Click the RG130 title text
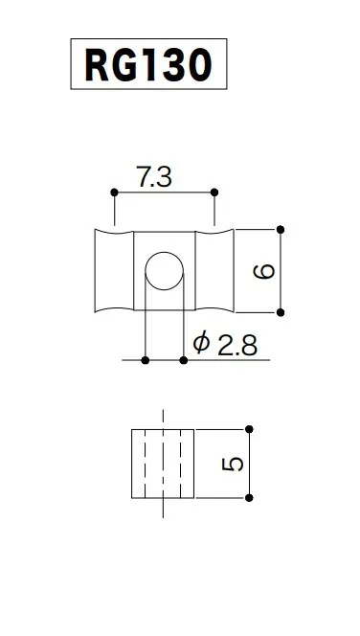coord(147,66)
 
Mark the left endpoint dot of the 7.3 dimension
coord(114,192)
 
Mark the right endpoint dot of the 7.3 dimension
coord(214,192)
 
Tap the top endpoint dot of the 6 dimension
coord(281,230)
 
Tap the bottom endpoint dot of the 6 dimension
coord(281,312)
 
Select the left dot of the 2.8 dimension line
coord(145,360)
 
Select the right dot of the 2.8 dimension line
coord(184,360)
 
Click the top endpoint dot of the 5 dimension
coord(249,429)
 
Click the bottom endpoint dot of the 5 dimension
coord(249,497)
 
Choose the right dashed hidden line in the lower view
coord(180,464)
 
